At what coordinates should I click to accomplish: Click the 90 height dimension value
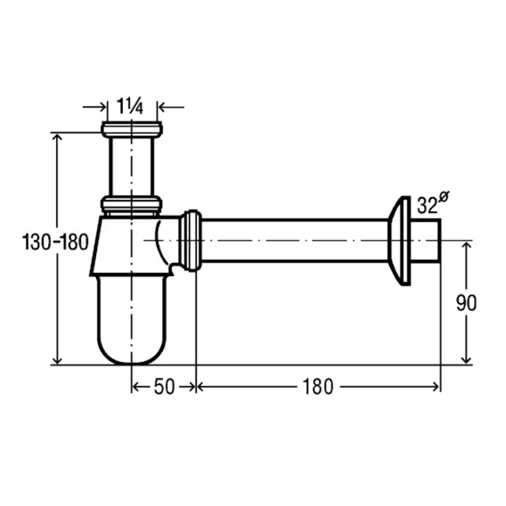pyautogui.click(x=467, y=303)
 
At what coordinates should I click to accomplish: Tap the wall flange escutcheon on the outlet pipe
pyautogui.click(x=399, y=241)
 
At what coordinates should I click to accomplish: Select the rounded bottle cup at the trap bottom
pyautogui.click(x=132, y=319)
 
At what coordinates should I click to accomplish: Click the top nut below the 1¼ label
pyautogui.click(x=132, y=129)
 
